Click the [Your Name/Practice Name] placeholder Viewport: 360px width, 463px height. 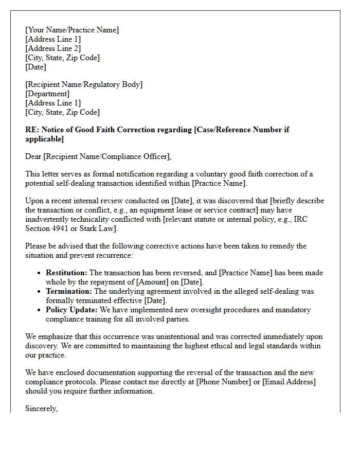click(x=72, y=30)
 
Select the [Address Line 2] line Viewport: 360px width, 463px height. click(x=53, y=48)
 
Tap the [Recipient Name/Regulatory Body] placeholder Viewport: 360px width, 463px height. click(x=84, y=84)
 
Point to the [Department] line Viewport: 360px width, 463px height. click(x=47, y=94)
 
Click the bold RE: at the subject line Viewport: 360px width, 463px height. click(x=31, y=130)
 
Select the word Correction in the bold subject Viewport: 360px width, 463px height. click(x=127, y=130)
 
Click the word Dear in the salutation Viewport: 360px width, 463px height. click(x=34, y=156)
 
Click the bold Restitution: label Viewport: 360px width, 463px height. click(x=66, y=273)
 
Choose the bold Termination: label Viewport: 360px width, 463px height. click(x=68, y=291)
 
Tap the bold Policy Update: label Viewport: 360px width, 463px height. click(x=71, y=310)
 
